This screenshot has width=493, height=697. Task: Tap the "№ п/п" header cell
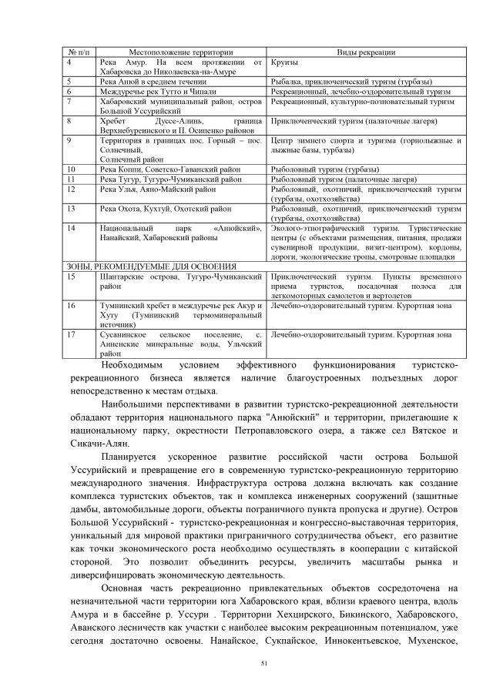79,52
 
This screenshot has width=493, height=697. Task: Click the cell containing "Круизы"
286,62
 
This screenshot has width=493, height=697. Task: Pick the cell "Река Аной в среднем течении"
153,81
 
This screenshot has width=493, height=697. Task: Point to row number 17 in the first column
70,335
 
